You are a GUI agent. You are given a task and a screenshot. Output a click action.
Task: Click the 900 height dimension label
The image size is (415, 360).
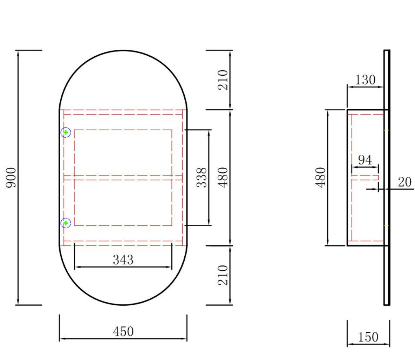tap(11, 178)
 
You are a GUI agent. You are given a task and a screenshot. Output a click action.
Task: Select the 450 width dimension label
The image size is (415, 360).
tap(123, 331)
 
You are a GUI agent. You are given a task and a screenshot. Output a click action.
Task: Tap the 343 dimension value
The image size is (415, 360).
tap(123, 260)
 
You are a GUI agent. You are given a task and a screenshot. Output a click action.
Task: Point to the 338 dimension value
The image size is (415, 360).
tap(202, 178)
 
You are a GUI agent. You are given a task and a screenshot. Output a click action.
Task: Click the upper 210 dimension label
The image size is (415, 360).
tap(223, 80)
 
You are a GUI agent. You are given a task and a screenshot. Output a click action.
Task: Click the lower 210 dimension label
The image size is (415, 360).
tap(223, 275)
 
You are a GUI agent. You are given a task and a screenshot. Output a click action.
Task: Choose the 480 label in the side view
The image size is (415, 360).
tap(320, 178)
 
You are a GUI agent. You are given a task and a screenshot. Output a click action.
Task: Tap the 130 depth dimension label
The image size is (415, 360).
tap(365, 80)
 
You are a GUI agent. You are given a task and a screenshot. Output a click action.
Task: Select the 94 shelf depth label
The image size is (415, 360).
tap(365, 160)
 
